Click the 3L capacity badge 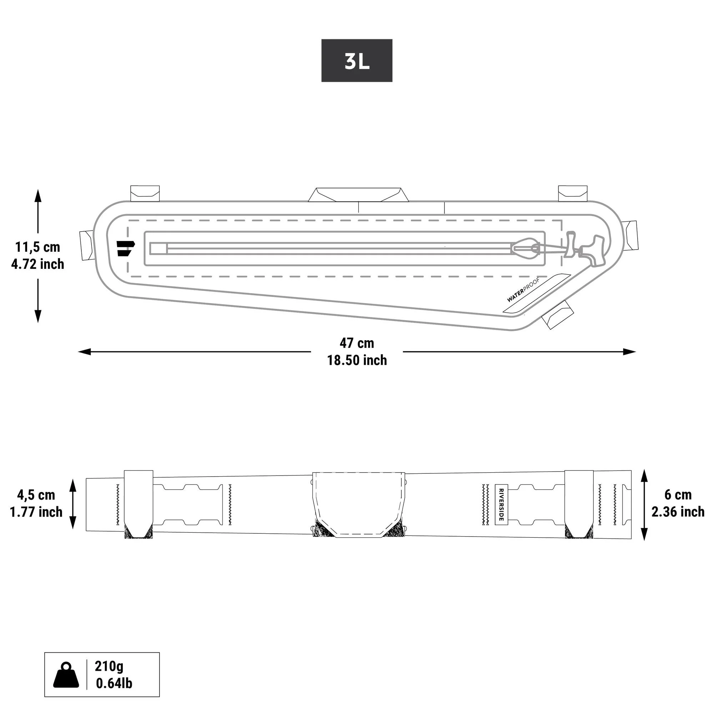(x=357, y=61)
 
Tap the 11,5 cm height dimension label (x=37, y=247)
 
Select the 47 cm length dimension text (x=357, y=343)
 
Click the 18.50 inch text (x=357, y=360)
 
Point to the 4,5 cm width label (x=36, y=494)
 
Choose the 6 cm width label (x=678, y=494)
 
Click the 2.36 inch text (x=678, y=512)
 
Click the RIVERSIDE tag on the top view (x=501, y=504)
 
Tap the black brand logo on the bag (x=125, y=248)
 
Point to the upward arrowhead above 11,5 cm (x=38, y=196)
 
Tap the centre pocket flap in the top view (x=358, y=503)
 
